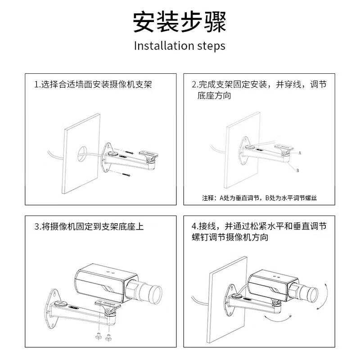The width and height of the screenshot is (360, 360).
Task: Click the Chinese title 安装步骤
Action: [x=180, y=22]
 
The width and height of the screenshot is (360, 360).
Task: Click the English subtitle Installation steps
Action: [x=180, y=46]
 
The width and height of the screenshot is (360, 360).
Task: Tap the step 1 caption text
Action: [x=93, y=84]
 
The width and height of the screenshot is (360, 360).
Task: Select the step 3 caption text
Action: [x=89, y=227]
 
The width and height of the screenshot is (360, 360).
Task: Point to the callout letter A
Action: [x=300, y=153]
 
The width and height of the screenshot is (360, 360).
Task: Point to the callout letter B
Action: [x=298, y=171]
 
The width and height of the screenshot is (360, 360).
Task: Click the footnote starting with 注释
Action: [x=260, y=198]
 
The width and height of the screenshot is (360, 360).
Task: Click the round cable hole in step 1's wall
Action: [x=82, y=153]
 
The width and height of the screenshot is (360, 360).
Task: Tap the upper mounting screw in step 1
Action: [x=129, y=152]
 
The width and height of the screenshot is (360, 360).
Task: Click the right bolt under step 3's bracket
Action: [x=108, y=337]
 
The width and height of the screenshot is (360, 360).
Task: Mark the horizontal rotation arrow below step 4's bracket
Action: [x=277, y=319]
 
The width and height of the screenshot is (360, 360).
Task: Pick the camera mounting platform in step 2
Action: [x=284, y=148]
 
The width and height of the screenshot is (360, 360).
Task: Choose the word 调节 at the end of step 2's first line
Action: [x=318, y=84]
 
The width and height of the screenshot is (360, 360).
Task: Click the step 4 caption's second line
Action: [x=230, y=237]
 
